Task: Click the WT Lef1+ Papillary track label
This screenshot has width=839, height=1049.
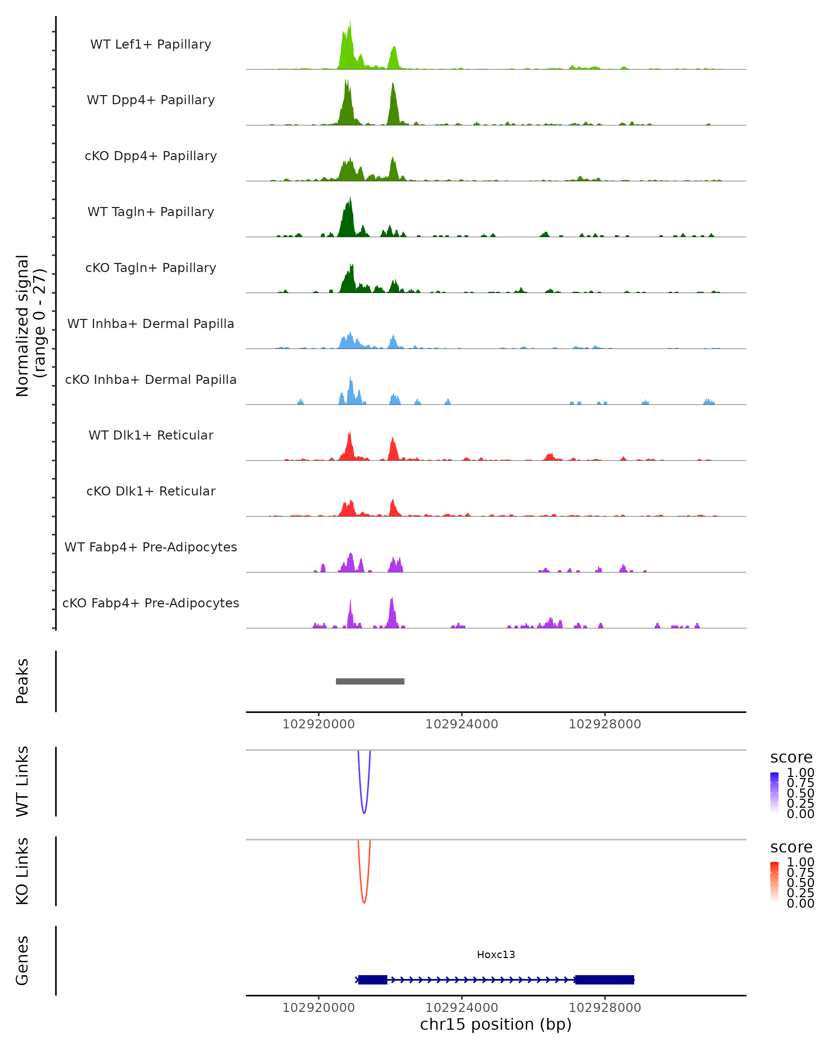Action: coord(151,44)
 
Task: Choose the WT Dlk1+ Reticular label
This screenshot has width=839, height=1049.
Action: coord(151,435)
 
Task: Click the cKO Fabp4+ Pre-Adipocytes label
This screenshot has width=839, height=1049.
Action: coord(151,603)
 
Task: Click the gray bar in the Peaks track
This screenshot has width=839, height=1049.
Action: coord(370,681)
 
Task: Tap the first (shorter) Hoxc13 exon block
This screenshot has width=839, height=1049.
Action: coord(373,979)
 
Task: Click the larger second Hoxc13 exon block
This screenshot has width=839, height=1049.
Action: coord(604,979)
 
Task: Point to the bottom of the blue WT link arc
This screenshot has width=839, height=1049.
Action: coord(364,813)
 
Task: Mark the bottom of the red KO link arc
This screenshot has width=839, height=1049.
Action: coord(364,902)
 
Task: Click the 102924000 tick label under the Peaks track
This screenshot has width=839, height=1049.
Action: coord(461,724)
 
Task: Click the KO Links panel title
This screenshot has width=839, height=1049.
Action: coord(22,871)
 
